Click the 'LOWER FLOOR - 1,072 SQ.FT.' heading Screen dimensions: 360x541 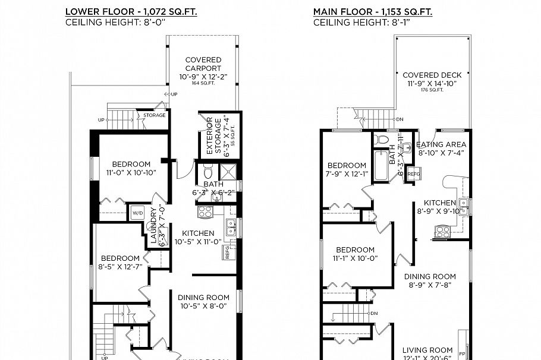click(131, 11)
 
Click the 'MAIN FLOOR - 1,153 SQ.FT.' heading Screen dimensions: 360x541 click(373, 11)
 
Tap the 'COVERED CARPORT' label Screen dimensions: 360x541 click(203, 64)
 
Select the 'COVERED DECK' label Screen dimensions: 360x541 click(432, 75)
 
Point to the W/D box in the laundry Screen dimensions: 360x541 click(137, 212)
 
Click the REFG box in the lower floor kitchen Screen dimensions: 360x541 click(229, 252)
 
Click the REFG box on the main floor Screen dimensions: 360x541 click(414, 173)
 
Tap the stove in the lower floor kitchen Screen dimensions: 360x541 click(205, 211)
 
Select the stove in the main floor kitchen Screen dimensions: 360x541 click(443, 231)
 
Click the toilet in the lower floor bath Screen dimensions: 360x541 click(207, 172)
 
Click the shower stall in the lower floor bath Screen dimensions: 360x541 click(228, 172)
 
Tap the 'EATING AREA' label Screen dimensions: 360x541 click(441, 144)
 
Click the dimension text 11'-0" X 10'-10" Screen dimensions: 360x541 click(130, 173)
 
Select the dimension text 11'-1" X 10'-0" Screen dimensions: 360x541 click(355, 258)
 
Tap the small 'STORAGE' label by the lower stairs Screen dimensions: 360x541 click(155, 115)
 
